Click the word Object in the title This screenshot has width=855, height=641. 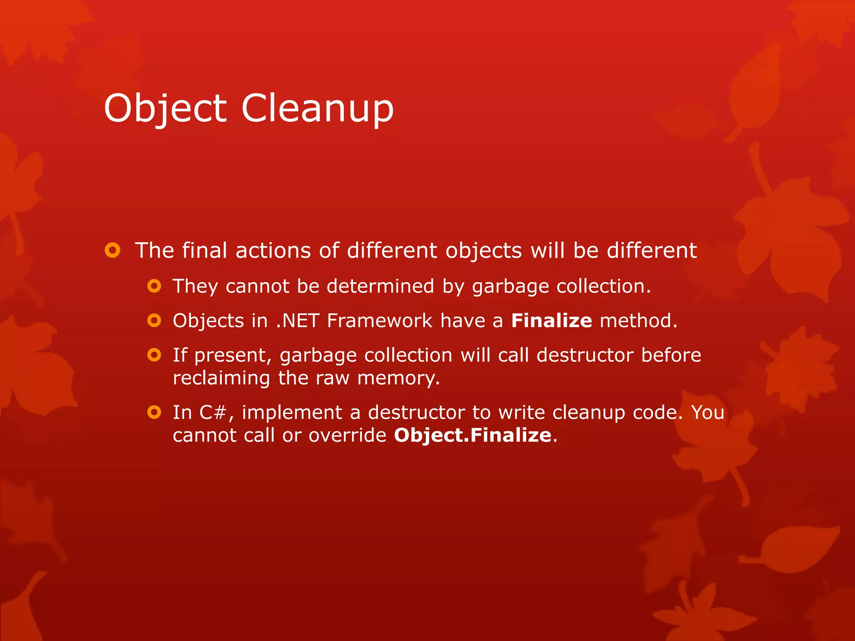coord(165,108)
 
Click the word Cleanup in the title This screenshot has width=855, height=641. coord(317,108)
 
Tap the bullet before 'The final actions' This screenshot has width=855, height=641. coord(112,250)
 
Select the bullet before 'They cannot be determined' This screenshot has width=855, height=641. coord(154,286)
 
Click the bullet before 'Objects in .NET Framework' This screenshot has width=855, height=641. coord(154,320)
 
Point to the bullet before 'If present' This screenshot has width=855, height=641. coord(154,355)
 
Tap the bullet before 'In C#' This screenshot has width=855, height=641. coord(154,412)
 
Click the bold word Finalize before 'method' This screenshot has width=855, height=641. coord(551,320)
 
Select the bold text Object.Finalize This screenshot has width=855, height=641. coord(473,435)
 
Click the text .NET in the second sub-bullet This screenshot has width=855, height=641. coord(298,320)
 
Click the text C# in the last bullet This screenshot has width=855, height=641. coord(212,412)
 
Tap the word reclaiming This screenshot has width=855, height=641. coord(221,379)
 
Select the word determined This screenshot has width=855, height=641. coord(380,286)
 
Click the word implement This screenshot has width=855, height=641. coord(292,412)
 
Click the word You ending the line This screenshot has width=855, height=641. coord(708,412)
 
